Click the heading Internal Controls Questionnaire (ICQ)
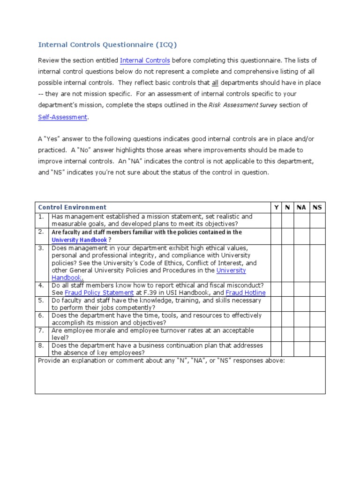tap(108, 45)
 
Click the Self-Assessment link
tap(62, 117)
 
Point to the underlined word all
tap(215, 83)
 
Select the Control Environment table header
tap(72, 207)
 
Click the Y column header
tap(276, 207)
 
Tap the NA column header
tap(301, 207)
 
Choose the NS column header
tap(317, 207)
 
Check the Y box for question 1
tap(276, 220)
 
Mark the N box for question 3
tap(287, 262)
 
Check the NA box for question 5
tap(301, 304)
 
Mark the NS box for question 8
tap(317, 349)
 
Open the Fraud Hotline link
tap(246, 293)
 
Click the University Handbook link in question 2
tap(79, 240)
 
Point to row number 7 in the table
tap(42, 331)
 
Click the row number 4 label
tap(42, 285)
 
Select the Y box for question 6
tap(276, 319)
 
